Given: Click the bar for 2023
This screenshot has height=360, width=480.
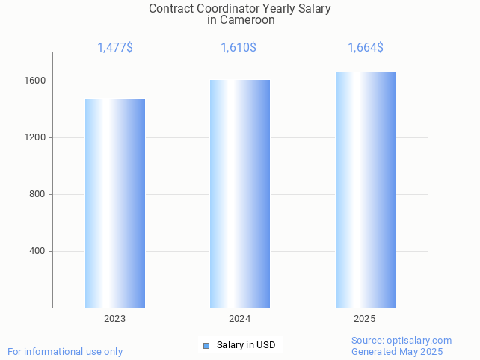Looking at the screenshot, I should (x=115, y=203).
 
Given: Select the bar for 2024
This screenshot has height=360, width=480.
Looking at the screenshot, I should (x=240, y=193).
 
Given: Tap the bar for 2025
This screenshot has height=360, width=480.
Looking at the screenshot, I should (x=365, y=190).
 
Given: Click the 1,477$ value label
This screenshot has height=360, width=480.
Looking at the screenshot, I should (x=115, y=48).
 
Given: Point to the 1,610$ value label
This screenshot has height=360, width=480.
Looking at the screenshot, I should (x=239, y=48).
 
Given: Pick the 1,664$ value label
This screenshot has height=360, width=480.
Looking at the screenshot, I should (x=366, y=48).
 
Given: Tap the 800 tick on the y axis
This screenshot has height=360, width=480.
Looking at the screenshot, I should (x=37, y=194).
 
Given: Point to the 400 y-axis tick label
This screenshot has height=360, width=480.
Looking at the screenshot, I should (x=37, y=251).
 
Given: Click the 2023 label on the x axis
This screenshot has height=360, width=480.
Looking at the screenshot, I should (x=115, y=319).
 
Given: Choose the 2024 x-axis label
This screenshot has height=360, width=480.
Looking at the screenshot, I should (x=240, y=319).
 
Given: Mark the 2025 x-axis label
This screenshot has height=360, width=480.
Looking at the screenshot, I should (x=365, y=319).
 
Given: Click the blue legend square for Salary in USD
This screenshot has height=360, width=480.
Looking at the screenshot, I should (x=206, y=345).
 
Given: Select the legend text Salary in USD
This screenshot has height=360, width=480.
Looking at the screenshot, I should (x=246, y=345).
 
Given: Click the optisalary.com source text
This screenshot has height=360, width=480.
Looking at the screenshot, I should (x=401, y=341).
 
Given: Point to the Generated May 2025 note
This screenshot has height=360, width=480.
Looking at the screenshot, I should (x=397, y=352).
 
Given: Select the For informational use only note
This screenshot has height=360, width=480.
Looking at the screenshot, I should (x=65, y=352).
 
